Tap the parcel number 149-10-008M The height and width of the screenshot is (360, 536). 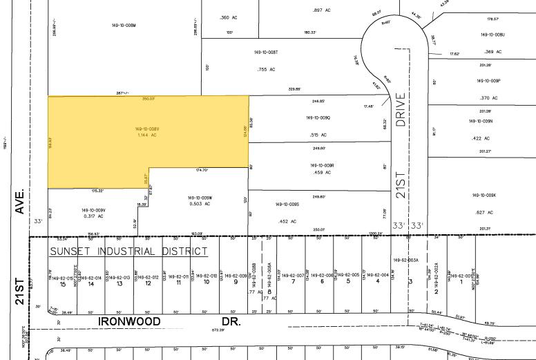(124, 26)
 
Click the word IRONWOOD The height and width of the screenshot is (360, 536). (129, 321)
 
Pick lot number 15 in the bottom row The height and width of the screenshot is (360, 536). (62, 283)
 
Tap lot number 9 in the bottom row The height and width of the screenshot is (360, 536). (236, 283)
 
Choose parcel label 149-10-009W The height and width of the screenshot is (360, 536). (200, 198)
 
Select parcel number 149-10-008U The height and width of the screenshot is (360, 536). (493, 35)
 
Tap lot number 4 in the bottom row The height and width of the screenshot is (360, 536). (377, 281)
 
